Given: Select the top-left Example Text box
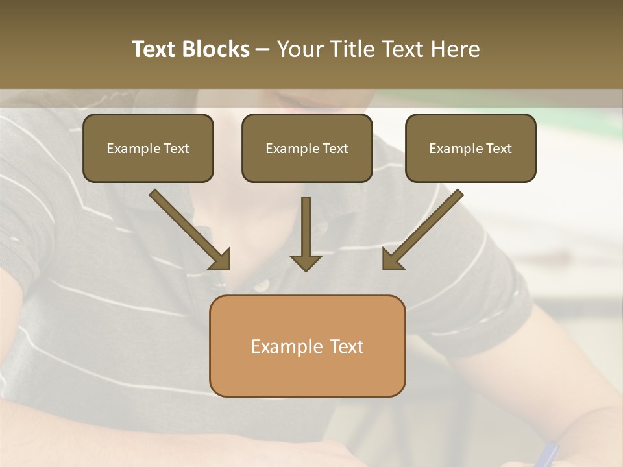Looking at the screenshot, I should tap(148, 148).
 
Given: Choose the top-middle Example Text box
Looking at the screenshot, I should tap(307, 148).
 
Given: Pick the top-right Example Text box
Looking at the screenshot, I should tap(470, 148).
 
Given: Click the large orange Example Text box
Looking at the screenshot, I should tap(307, 346).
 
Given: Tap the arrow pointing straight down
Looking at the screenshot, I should tap(306, 233).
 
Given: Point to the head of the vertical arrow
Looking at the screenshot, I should tap(306, 262).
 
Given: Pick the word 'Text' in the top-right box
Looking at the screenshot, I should tap(498, 149).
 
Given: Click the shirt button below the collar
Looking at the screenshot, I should tap(261, 284).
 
